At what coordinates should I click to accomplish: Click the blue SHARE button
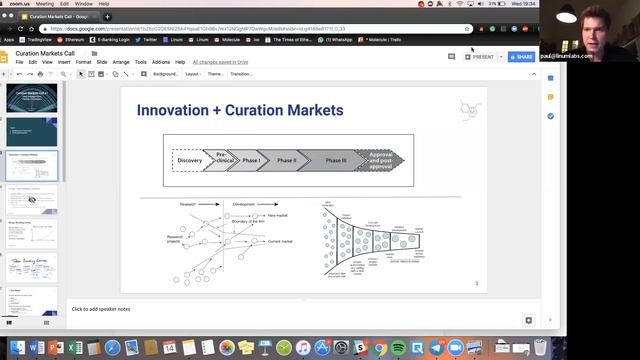pyautogui.click(x=520, y=57)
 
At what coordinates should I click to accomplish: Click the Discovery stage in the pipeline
pyautogui.click(x=189, y=160)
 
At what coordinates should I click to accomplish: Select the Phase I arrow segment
pyautogui.click(x=250, y=160)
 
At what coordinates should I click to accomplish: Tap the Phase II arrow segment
pyautogui.click(x=287, y=160)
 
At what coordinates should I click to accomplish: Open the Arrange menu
pyautogui.click(x=121, y=62)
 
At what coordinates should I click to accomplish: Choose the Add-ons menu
pyautogui.click(x=160, y=62)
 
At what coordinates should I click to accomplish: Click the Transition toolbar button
pyautogui.click(x=241, y=74)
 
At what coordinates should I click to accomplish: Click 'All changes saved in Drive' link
pyautogui.click(x=221, y=62)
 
